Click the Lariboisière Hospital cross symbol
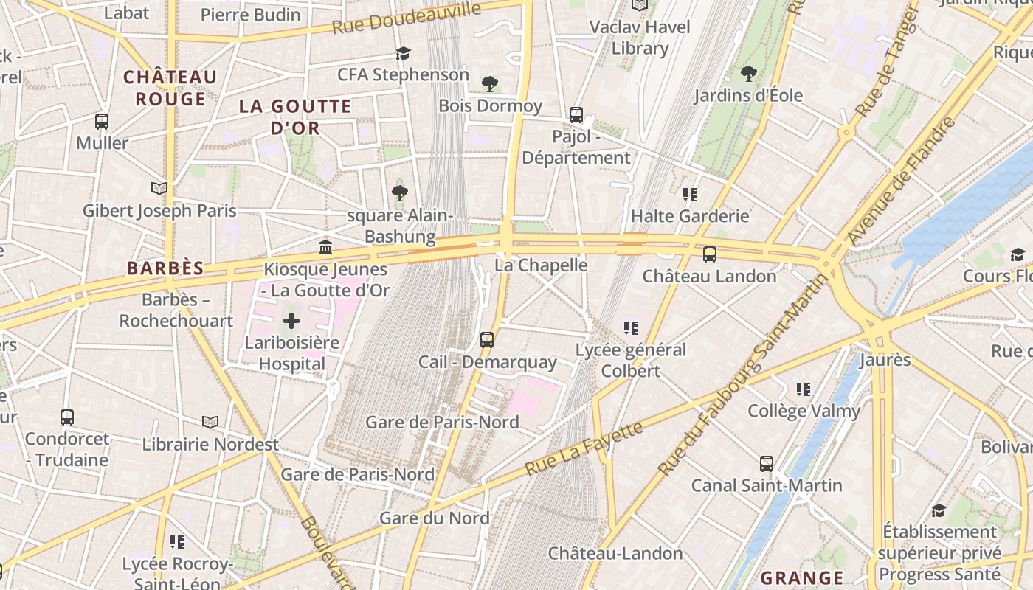point(291,321)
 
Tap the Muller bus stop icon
point(102,122)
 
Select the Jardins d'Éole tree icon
point(748,74)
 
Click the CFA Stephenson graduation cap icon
point(403,53)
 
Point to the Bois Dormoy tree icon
point(489,84)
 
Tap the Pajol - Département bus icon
point(576,115)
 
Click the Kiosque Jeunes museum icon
point(325,247)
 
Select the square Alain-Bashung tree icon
point(400,193)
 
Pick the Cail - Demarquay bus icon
point(487,340)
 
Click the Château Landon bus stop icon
point(710,254)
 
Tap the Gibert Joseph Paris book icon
point(159,189)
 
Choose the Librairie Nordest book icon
point(210,422)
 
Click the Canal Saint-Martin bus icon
point(767,464)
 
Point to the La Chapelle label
point(541,265)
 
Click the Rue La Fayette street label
point(584,448)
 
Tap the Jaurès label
point(885,361)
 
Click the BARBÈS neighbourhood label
point(165,268)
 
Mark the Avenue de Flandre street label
point(902,181)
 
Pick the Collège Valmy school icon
point(804,389)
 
